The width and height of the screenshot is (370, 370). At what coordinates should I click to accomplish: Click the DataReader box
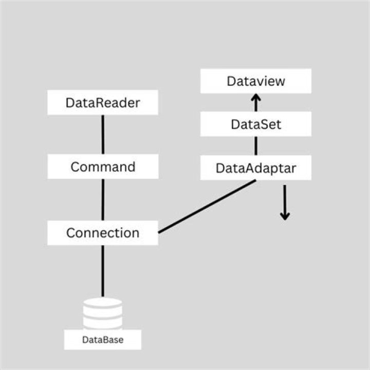click(x=103, y=103)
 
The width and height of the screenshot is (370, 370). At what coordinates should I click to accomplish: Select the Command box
click(x=103, y=167)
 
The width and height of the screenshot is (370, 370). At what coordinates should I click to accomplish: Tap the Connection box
click(x=103, y=233)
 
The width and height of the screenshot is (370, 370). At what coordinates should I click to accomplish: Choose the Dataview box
click(x=255, y=81)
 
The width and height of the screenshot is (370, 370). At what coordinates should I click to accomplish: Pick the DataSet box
click(x=255, y=124)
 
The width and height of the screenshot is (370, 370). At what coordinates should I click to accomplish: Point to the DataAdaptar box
click(x=255, y=168)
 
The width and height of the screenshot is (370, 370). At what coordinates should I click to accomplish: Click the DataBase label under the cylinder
click(x=103, y=340)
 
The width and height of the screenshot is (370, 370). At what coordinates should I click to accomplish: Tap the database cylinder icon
click(x=103, y=313)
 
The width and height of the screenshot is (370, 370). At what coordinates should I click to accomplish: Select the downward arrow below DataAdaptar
click(x=285, y=203)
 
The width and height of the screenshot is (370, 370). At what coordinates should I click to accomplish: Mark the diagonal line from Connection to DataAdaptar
click(x=207, y=207)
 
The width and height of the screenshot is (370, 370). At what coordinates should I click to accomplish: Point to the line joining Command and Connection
click(x=103, y=200)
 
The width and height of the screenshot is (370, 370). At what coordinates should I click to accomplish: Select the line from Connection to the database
click(x=103, y=271)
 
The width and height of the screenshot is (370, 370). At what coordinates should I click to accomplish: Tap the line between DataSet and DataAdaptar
click(x=255, y=146)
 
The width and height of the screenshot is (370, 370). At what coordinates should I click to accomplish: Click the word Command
click(x=103, y=167)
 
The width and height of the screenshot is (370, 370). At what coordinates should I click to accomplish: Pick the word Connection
click(x=103, y=233)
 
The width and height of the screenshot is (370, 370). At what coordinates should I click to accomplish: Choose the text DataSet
click(x=255, y=124)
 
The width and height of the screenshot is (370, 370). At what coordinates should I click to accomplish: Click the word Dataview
click(x=255, y=81)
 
